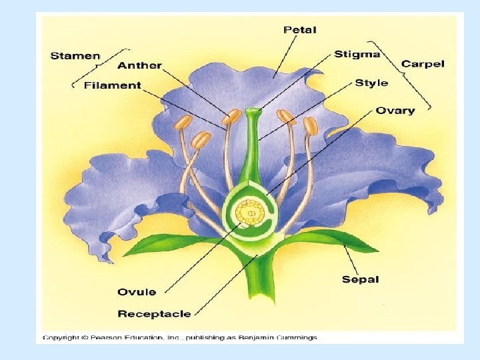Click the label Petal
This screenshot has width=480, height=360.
coord(300,30)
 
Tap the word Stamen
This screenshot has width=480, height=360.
coord(75,55)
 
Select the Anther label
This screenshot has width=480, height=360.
coord(139,65)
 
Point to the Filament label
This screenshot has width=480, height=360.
coord(113,85)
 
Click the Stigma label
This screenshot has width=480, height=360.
coord(357,54)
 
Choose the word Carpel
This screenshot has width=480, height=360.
coord(422,64)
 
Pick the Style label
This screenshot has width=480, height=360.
coord(371,83)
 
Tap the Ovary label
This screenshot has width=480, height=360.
coord(395,111)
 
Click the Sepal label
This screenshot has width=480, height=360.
coord(360,279)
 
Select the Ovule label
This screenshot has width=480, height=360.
coord(137,291)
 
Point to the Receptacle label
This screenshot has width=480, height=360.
coord(154,313)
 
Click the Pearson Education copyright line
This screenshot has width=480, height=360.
coord(180,337)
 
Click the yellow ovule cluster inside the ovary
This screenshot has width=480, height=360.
coord(251,213)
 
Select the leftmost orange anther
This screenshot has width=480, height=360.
coord(184,123)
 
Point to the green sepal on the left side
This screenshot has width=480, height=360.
coord(167,244)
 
